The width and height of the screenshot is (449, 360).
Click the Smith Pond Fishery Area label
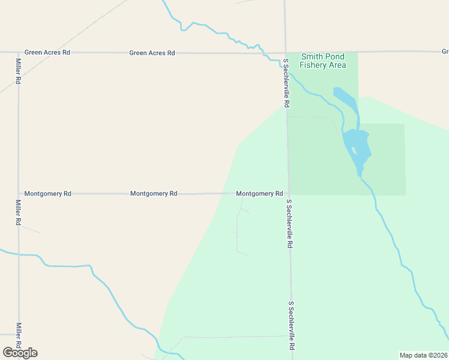[323, 61]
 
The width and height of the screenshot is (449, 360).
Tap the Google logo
[20, 353]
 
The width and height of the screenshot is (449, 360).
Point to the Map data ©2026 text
[424, 355]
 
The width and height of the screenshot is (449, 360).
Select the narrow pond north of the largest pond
[347, 100]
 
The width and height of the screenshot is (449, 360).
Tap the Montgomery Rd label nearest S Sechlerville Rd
[259, 194]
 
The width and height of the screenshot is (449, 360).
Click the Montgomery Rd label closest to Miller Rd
[48, 194]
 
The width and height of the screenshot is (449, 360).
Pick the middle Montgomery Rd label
[154, 194]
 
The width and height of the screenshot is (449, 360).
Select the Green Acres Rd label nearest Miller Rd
[47, 53]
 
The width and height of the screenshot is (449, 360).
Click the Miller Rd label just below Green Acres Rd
[19, 70]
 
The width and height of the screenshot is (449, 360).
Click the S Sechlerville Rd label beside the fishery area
[287, 83]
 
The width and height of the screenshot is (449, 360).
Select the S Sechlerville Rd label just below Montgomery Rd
[290, 224]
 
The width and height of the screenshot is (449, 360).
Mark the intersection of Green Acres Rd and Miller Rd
[18, 53]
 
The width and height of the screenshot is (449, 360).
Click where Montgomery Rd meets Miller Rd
[18, 194]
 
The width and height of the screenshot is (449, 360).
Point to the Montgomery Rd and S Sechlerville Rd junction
[288, 194]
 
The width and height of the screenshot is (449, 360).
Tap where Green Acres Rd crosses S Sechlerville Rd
[286, 53]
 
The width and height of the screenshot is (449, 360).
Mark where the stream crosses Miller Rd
[19, 254]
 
